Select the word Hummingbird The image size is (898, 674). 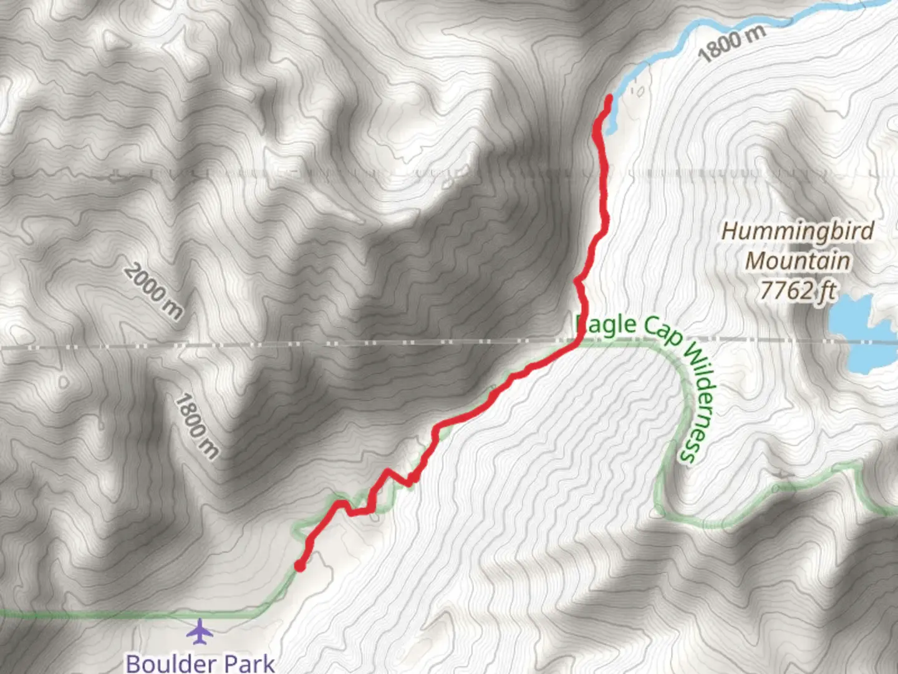[x=798, y=232]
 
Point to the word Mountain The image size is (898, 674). [x=797, y=261]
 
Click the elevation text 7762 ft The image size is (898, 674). [x=797, y=290]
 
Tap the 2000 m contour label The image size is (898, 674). [x=153, y=291]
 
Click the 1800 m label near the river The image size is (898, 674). [x=731, y=44]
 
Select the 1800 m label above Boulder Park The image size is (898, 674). [x=196, y=426]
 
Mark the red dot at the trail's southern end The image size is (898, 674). [x=300, y=566]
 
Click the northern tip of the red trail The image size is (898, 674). [x=609, y=97]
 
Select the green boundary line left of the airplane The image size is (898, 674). [x=94, y=615]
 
